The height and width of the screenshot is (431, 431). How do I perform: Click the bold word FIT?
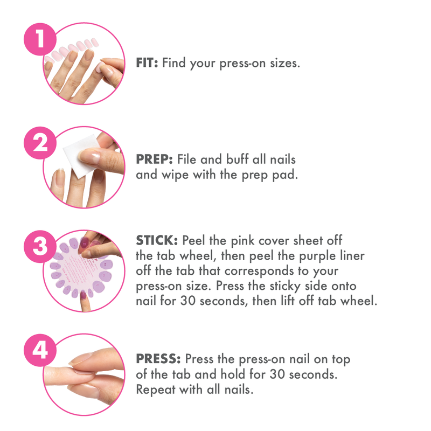(x=147, y=63)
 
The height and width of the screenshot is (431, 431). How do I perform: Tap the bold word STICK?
(x=157, y=240)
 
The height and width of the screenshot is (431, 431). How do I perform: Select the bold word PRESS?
(x=158, y=359)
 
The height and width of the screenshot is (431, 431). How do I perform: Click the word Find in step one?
(x=173, y=63)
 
